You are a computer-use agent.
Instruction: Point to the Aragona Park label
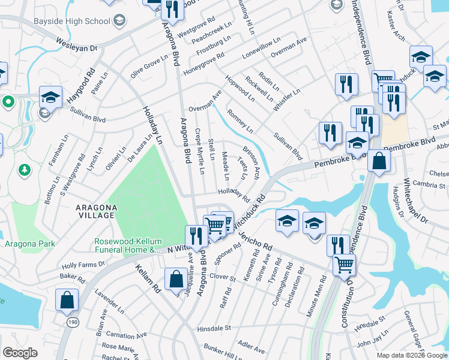click(30, 244)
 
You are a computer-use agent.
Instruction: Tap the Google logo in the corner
click(20, 353)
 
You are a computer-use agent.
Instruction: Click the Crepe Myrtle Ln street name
click(200, 151)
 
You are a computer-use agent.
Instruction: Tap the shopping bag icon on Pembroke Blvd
click(379, 161)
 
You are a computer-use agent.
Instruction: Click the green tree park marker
click(25, 170)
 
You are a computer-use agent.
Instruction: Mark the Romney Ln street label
click(240, 120)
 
